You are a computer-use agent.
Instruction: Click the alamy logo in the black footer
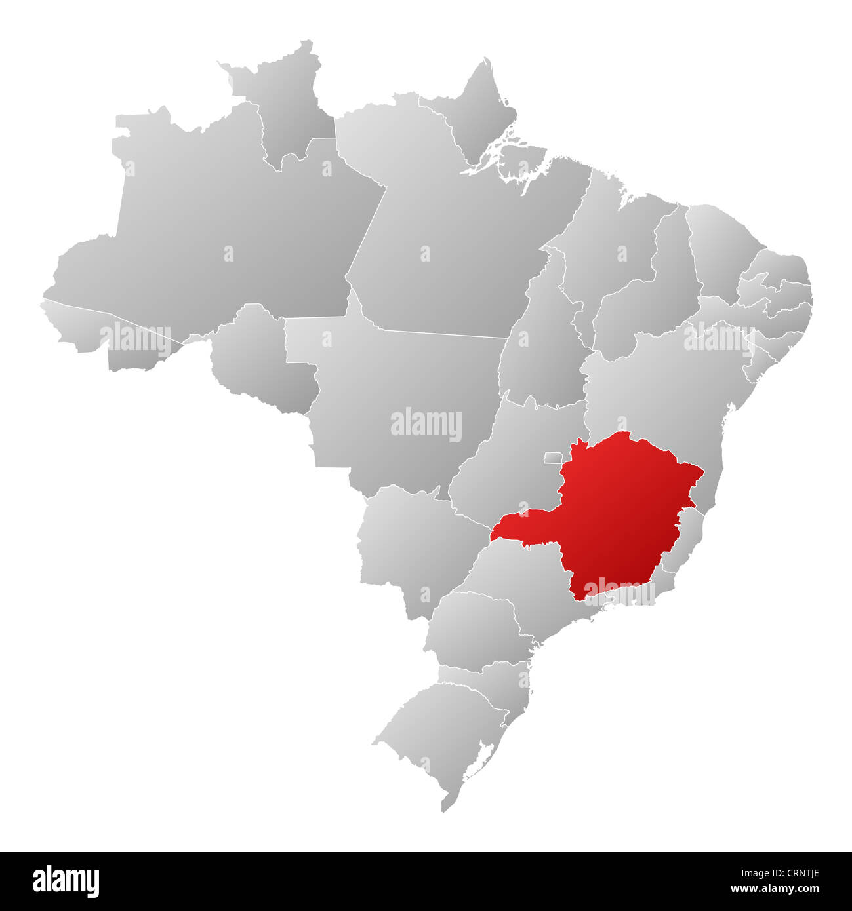pyautogui.click(x=66, y=881)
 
